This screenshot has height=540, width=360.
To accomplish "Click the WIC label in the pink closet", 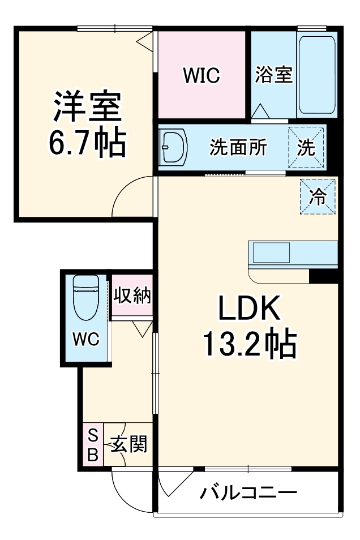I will [x=202, y=76].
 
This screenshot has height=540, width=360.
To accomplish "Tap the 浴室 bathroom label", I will [x=273, y=75].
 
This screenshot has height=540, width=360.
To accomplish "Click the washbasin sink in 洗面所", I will [x=172, y=148].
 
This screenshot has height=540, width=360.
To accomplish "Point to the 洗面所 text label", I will [x=238, y=148].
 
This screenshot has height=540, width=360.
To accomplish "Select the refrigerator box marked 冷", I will [x=318, y=197].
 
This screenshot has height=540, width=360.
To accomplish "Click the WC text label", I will [x=86, y=339].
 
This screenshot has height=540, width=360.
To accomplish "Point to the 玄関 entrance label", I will [x=128, y=445].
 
